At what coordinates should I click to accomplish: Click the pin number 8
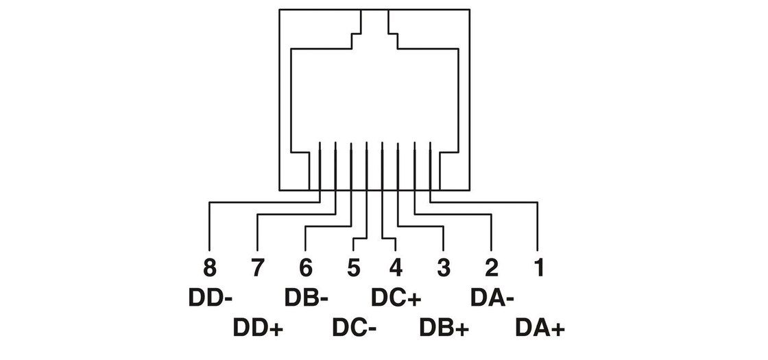208,267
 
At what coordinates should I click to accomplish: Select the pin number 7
256,267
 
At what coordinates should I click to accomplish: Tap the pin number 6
305,267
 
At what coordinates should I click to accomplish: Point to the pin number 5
353,267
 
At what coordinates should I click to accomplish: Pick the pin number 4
396,267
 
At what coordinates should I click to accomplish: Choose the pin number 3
444,267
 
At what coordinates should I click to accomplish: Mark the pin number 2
492,267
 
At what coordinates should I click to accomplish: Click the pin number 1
539,267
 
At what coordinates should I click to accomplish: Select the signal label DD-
211,298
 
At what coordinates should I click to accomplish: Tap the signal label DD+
259,328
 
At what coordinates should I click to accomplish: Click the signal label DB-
307,298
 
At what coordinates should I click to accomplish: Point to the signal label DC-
354,328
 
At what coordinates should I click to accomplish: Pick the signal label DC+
396,298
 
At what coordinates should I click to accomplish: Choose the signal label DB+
444,328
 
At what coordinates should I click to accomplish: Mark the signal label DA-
492,298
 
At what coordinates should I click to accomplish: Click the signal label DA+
540,328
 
